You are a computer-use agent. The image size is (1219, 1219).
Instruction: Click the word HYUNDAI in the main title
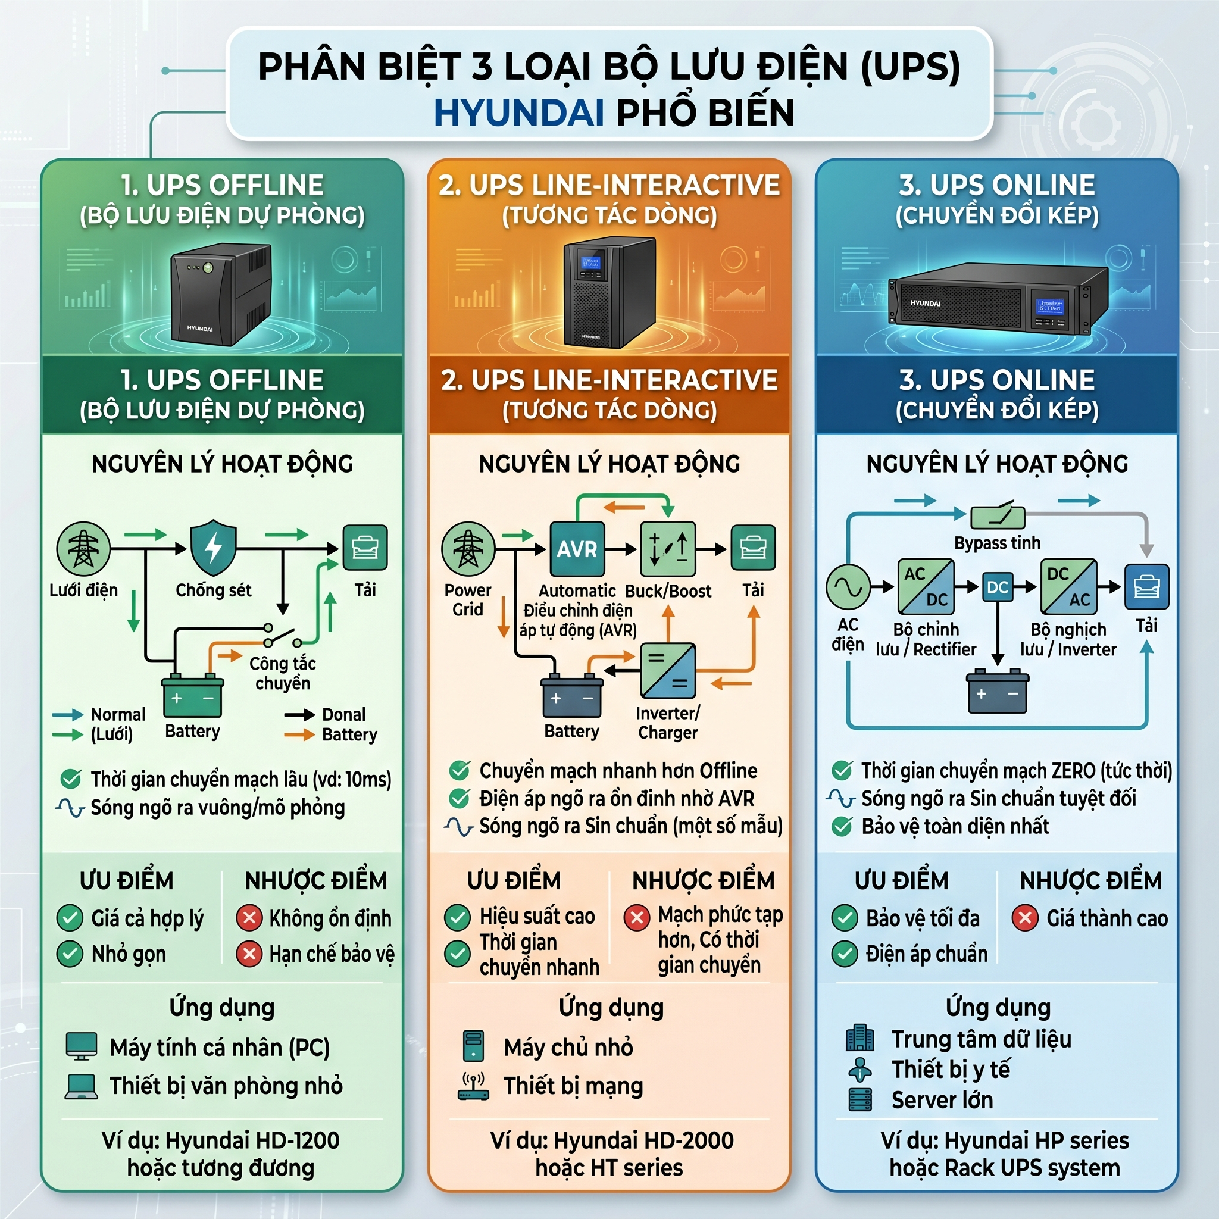[x=518, y=113]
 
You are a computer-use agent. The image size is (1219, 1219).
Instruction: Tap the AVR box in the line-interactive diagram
[x=577, y=549]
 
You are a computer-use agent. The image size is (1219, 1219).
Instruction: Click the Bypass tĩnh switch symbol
[x=997, y=517]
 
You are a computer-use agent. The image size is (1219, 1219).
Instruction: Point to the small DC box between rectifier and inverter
[x=997, y=587]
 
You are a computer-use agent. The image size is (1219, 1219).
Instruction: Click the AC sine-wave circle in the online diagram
[x=848, y=587]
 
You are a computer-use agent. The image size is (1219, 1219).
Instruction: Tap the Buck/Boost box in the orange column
[x=668, y=549]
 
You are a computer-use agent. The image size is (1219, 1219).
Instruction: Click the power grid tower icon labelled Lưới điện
[x=83, y=548]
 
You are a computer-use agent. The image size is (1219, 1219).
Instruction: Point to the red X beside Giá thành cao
[x=1025, y=918]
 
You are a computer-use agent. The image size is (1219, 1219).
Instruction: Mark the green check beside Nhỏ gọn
[x=70, y=954]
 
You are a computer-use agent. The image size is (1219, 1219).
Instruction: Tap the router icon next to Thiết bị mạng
[x=473, y=1086]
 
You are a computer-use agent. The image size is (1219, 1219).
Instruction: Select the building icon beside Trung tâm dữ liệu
[x=859, y=1038]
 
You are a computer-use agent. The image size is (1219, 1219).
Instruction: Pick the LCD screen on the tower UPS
[x=591, y=263]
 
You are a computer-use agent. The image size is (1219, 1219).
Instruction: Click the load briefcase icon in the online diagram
[x=1146, y=587]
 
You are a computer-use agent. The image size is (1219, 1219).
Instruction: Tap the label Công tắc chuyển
[x=282, y=673]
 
